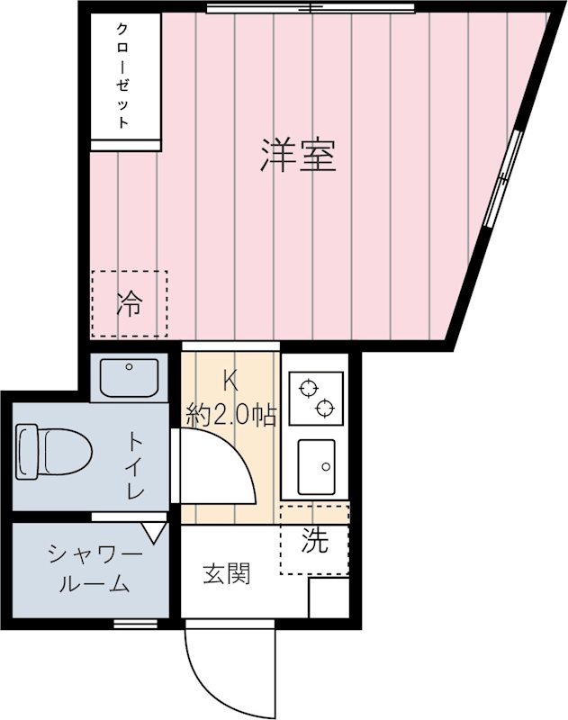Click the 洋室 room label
(298, 155)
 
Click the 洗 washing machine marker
(313, 540)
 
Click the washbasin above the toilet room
(129, 376)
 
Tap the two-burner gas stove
(315, 398)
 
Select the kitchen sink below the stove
(316, 466)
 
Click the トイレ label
(137, 466)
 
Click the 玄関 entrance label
(225, 572)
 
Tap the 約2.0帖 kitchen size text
(230, 415)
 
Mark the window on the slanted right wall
(502, 177)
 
